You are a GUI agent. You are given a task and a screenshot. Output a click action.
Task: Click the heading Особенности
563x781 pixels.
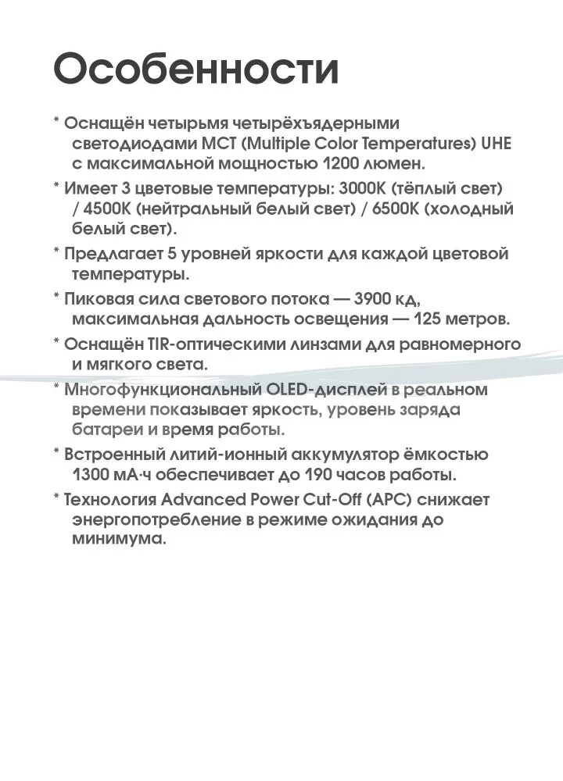tap(196, 70)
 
